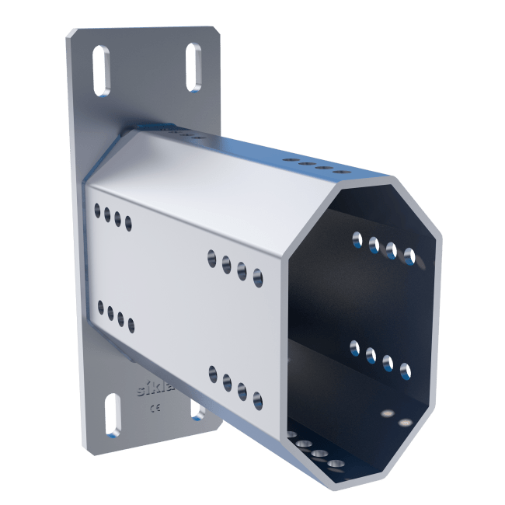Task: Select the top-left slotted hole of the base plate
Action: tap(101, 71)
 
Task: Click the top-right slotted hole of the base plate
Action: tap(193, 69)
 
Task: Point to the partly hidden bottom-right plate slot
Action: tap(197, 410)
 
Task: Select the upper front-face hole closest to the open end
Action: tap(256, 275)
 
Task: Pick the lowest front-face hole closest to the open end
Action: tap(257, 401)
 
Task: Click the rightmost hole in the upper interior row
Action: tap(408, 256)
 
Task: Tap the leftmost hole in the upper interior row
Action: tap(357, 239)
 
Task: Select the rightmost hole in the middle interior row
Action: tap(404, 371)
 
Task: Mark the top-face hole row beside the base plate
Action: tap(183, 134)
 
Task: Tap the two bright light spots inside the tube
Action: tap(395, 419)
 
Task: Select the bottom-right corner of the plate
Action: tap(219, 423)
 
